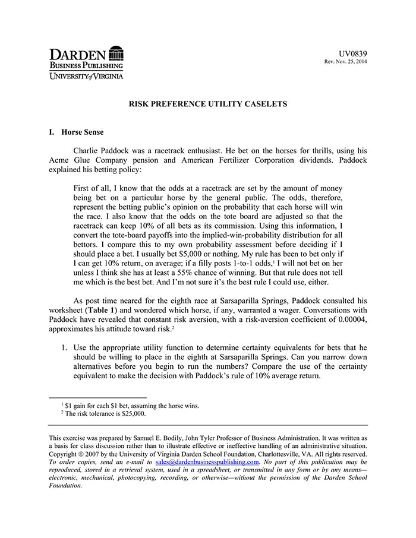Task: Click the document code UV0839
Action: click(354, 53)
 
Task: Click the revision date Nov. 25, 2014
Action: click(351, 62)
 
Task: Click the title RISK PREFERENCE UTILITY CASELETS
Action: click(208, 104)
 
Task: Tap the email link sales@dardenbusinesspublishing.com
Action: click(207, 462)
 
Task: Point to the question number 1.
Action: click(64, 347)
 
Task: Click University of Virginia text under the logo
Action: click(86, 76)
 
